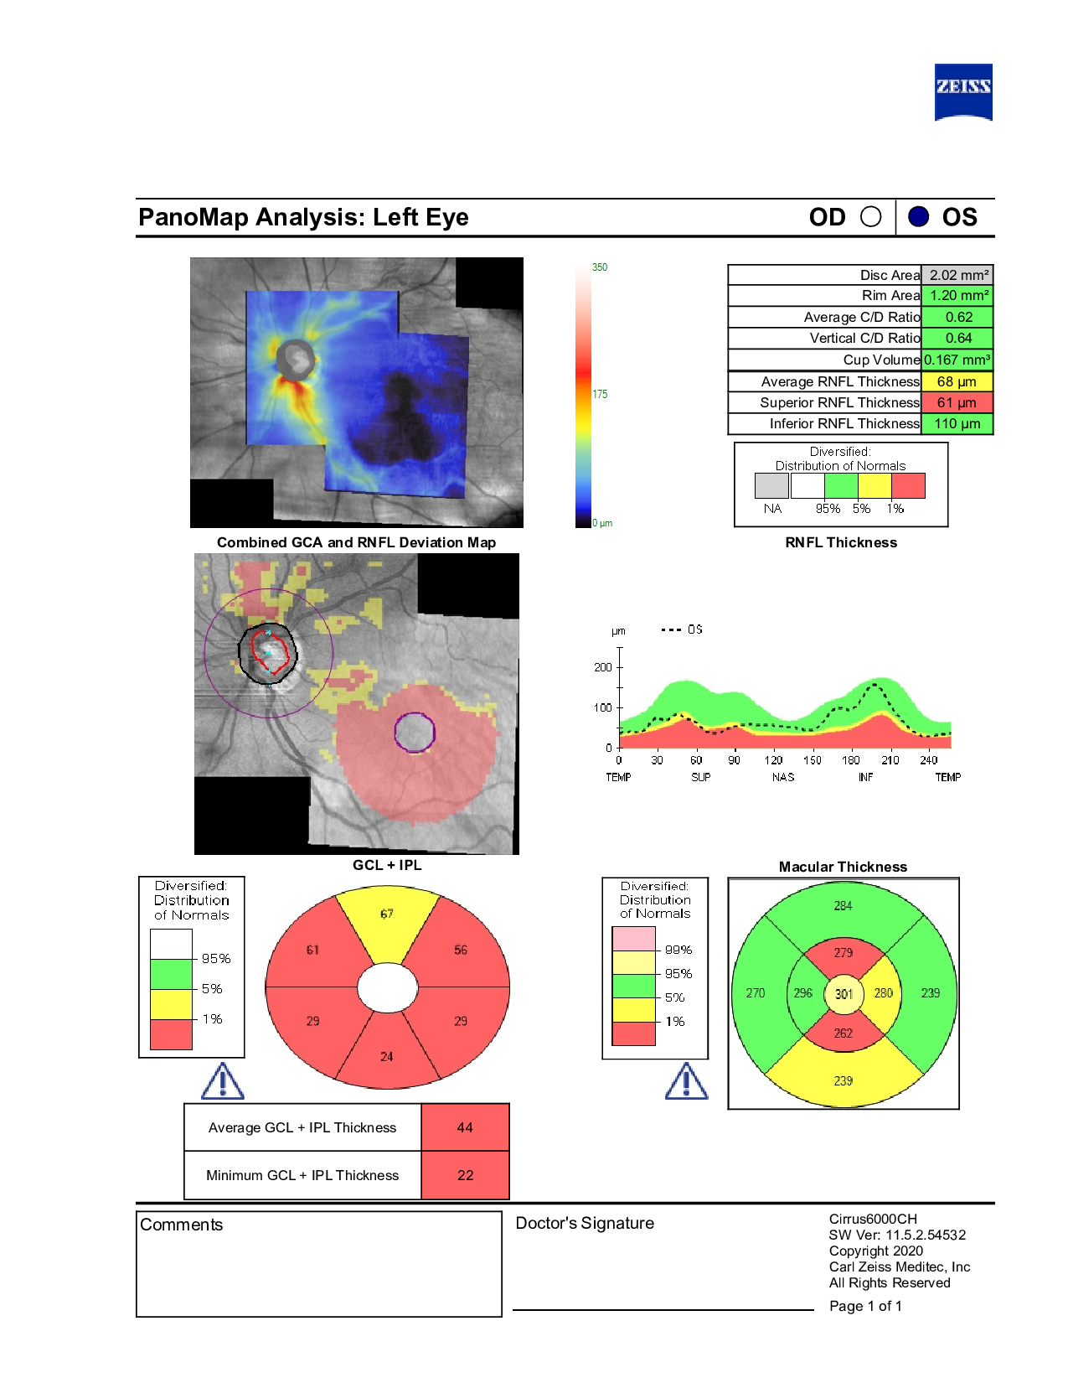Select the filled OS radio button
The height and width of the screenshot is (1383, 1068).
tap(918, 217)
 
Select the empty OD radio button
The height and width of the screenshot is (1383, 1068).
tap(871, 217)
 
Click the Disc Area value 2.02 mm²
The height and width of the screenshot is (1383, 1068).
tap(958, 275)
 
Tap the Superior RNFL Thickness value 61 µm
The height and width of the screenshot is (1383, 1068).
tap(957, 402)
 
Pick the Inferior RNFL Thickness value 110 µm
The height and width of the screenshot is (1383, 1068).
tap(957, 423)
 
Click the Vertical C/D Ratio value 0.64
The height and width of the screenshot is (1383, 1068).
tap(957, 338)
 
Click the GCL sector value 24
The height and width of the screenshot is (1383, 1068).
tap(386, 1056)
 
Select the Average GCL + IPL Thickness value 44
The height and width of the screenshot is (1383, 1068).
tap(465, 1127)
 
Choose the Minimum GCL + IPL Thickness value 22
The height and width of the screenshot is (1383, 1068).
tap(465, 1175)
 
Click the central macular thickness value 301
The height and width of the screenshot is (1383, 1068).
tap(844, 994)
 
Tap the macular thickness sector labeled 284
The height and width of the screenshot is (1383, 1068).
tap(843, 906)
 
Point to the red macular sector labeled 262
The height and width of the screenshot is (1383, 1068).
tap(844, 1033)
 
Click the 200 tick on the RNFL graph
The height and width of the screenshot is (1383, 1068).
tap(603, 667)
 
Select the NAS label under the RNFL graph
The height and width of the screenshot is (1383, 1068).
tap(783, 777)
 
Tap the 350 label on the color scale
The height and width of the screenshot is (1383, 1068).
tap(600, 267)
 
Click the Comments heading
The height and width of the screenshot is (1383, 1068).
tap(182, 1225)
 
